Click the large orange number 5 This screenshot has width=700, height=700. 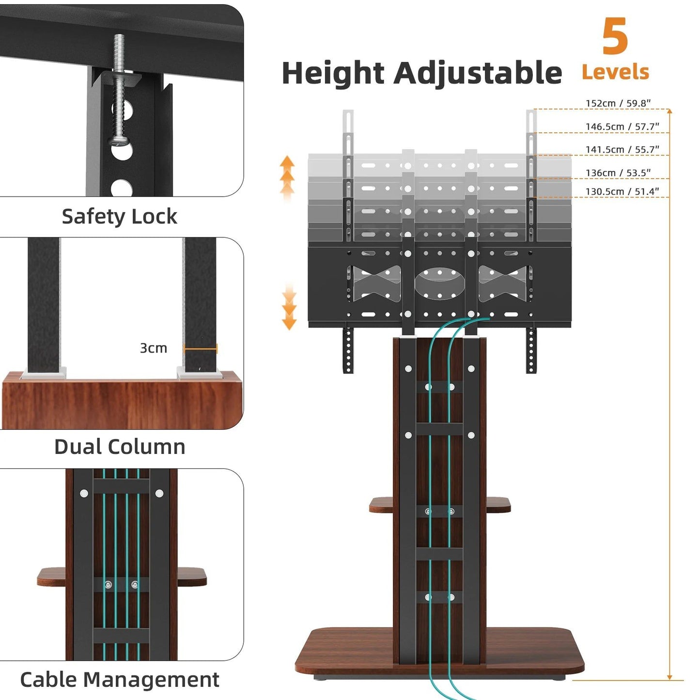[615, 37]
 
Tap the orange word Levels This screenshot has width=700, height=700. [615, 72]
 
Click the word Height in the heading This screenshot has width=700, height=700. [333, 74]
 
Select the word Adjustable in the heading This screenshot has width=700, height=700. [477, 74]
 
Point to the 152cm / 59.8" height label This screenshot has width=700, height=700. [618, 103]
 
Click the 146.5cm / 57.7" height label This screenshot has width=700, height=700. [622, 126]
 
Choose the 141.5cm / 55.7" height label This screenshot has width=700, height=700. [622, 150]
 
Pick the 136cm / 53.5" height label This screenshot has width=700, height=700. [618, 173]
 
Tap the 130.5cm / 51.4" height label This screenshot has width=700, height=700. [622, 192]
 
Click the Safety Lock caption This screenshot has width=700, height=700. [119, 217]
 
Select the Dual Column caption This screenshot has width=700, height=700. [120, 447]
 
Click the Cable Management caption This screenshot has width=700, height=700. [120, 679]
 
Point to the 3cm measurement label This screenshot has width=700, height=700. [153, 348]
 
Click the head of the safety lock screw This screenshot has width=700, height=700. [118, 140]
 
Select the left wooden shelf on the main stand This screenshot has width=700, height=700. [381, 505]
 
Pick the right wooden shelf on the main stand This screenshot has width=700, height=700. [498, 505]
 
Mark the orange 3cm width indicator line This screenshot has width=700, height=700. [200, 349]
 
